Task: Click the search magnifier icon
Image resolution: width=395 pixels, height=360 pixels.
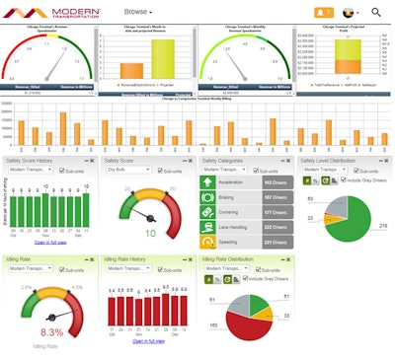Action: [375, 12]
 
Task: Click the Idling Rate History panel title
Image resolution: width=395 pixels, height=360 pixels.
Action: [136, 259]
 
